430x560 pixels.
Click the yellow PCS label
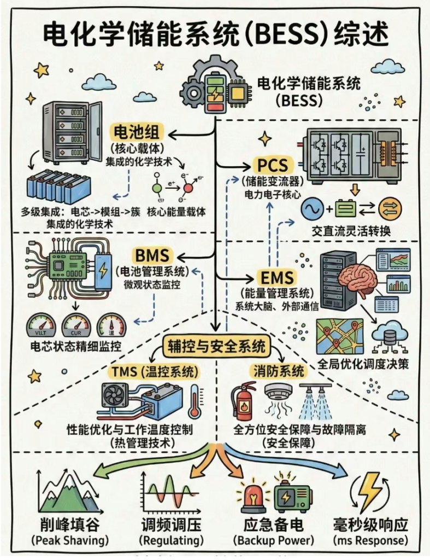(273, 166)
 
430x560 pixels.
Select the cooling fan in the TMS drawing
(116, 397)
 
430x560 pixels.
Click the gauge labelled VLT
(39, 326)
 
